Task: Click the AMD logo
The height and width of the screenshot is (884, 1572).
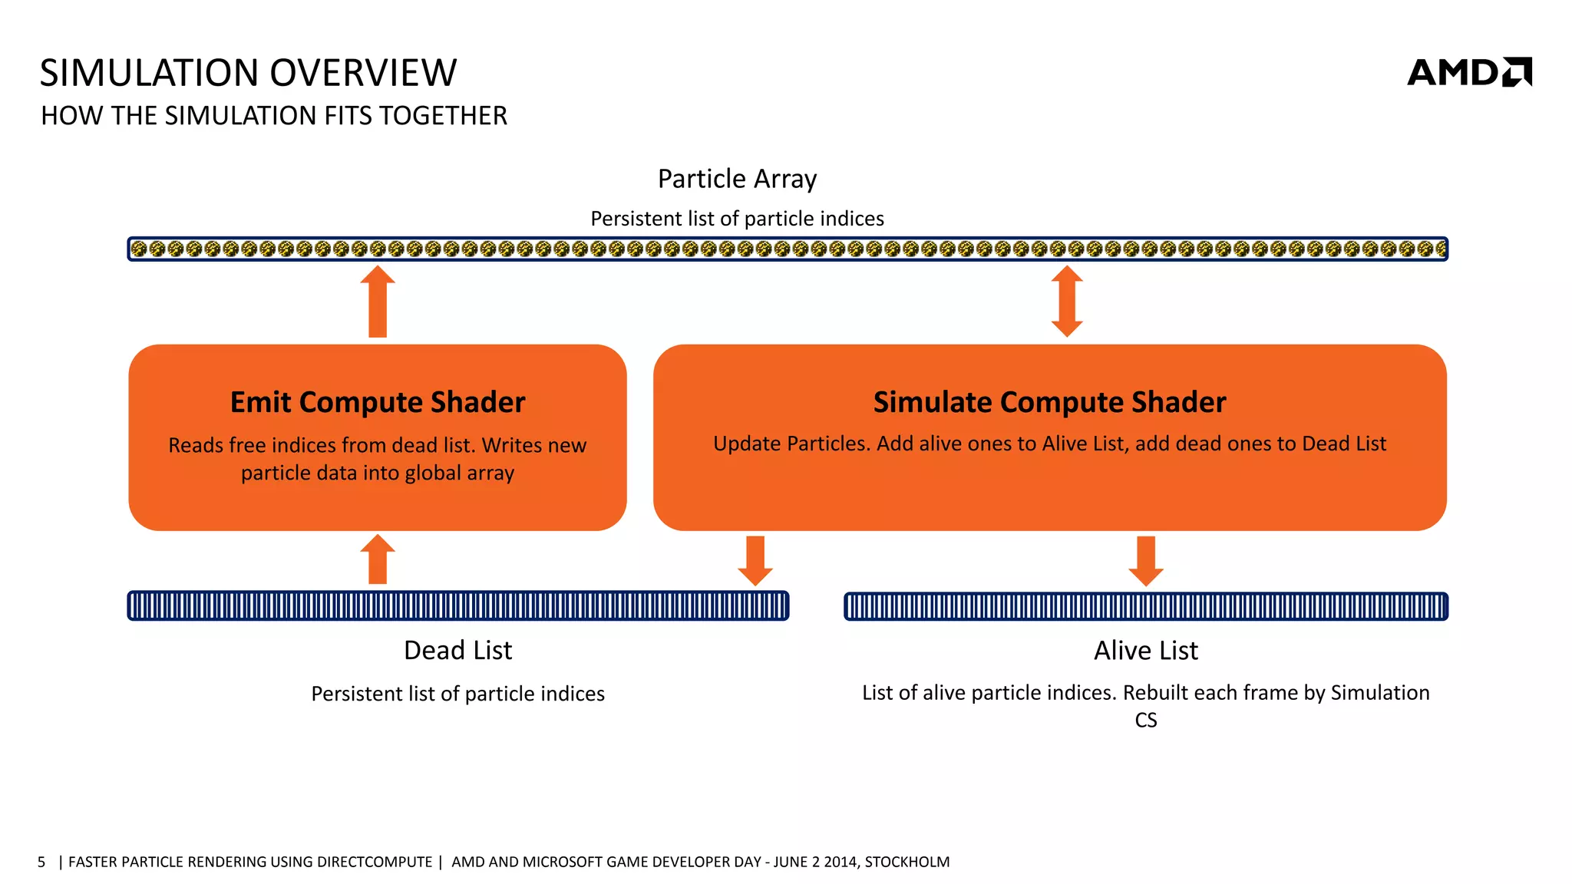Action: pyautogui.click(x=1468, y=72)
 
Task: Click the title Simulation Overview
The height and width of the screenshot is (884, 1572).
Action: pyautogui.click(x=248, y=73)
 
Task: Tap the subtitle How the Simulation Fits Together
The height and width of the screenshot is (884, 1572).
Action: pyautogui.click(x=274, y=116)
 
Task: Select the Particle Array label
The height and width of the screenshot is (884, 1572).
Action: pyautogui.click(x=737, y=179)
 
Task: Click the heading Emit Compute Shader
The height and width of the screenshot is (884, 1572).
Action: pyautogui.click(x=378, y=402)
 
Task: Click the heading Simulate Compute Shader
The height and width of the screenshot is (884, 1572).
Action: pyautogui.click(x=1049, y=402)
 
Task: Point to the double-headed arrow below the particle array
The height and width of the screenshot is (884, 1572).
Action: pyautogui.click(x=1067, y=302)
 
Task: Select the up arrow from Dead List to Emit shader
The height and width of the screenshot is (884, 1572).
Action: pyautogui.click(x=378, y=559)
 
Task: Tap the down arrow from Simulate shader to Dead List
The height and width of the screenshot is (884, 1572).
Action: pyautogui.click(x=755, y=560)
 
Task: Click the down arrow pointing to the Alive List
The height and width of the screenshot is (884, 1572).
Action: pyautogui.click(x=1146, y=560)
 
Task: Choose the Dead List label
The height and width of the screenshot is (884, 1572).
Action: pyautogui.click(x=457, y=651)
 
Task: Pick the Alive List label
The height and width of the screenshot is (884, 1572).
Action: pyautogui.click(x=1145, y=651)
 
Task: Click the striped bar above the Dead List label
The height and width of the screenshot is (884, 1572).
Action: pyautogui.click(x=457, y=606)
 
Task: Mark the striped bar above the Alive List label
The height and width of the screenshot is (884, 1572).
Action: pyautogui.click(x=1145, y=606)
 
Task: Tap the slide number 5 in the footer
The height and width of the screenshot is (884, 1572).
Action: pyautogui.click(x=41, y=862)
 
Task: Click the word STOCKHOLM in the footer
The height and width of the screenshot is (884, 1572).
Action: pyautogui.click(x=907, y=862)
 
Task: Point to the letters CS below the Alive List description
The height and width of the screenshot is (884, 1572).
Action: pyautogui.click(x=1145, y=721)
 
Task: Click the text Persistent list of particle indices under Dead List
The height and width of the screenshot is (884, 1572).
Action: pyautogui.click(x=457, y=694)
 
